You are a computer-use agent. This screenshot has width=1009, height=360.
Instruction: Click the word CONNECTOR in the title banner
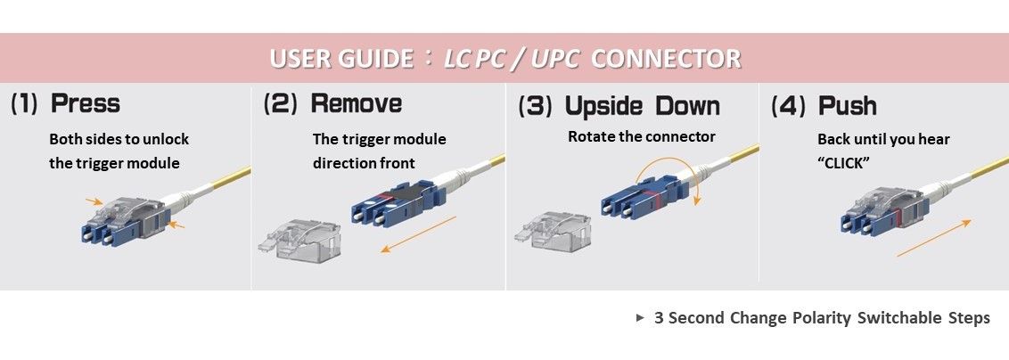tap(665, 60)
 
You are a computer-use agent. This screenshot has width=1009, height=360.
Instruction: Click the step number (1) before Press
tap(24, 104)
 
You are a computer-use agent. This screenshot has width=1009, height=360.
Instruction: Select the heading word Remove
tap(356, 104)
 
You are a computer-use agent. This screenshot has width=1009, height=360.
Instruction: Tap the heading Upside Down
tap(642, 106)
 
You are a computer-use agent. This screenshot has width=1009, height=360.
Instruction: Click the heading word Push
tap(847, 106)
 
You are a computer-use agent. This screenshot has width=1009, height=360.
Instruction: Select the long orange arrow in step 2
tap(417, 233)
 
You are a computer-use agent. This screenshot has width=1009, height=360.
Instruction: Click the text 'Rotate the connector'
tap(641, 137)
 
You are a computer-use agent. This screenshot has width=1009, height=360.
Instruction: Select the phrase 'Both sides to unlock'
tap(119, 140)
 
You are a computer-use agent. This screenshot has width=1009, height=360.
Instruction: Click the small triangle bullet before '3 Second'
tap(640, 318)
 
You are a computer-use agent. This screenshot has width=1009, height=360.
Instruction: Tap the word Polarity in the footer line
tap(824, 318)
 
